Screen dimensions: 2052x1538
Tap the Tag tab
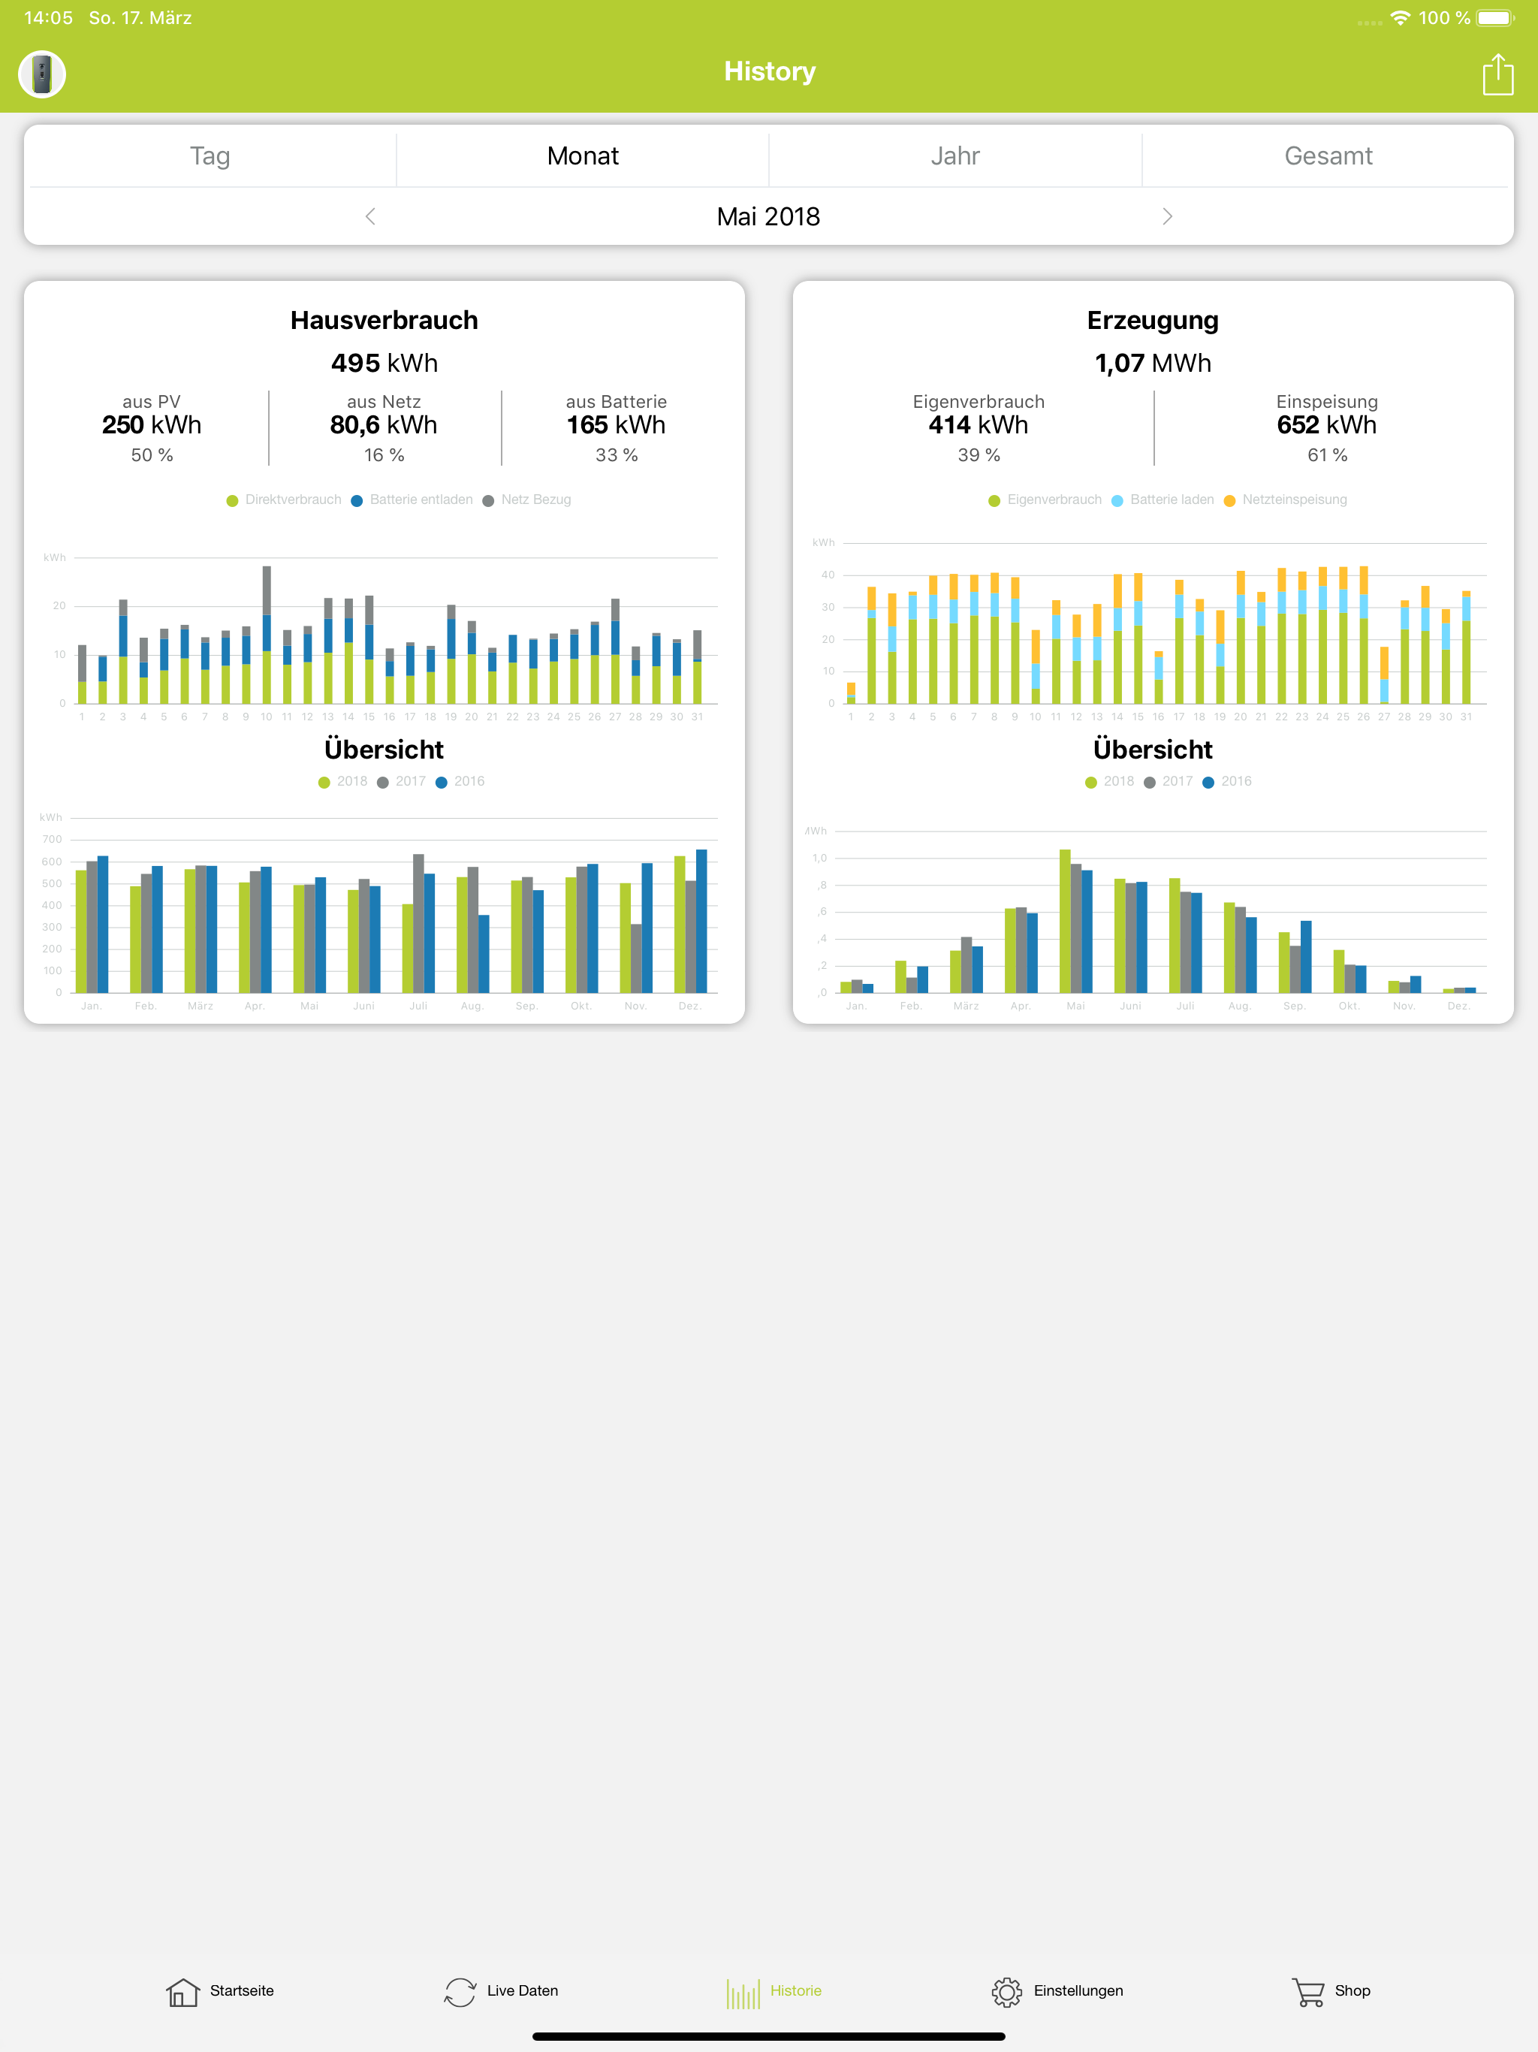coord(210,155)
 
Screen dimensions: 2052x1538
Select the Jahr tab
coord(954,155)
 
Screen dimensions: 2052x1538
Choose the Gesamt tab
coord(1328,155)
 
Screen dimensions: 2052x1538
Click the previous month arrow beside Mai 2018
coord(370,216)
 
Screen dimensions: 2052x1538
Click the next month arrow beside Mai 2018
coord(1167,216)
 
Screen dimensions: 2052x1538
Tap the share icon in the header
coord(1497,74)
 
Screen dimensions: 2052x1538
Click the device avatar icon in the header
coord(42,74)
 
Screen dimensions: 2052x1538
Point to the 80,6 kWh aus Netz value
coord(383,425)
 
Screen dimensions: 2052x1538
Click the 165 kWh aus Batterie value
coord(616,425)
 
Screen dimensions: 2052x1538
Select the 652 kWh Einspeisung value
coord(1326,425)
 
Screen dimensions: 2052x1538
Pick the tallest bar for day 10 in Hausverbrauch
coord(267,635)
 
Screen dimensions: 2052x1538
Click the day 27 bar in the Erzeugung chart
coord(1384,675)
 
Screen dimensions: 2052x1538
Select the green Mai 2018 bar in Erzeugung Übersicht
coord(1065,920)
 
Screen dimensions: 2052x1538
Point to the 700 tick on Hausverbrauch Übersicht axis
coord(52,840)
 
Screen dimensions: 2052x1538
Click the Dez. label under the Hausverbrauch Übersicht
coord(689,1006)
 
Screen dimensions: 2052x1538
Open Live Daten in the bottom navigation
coord(501,1990)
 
